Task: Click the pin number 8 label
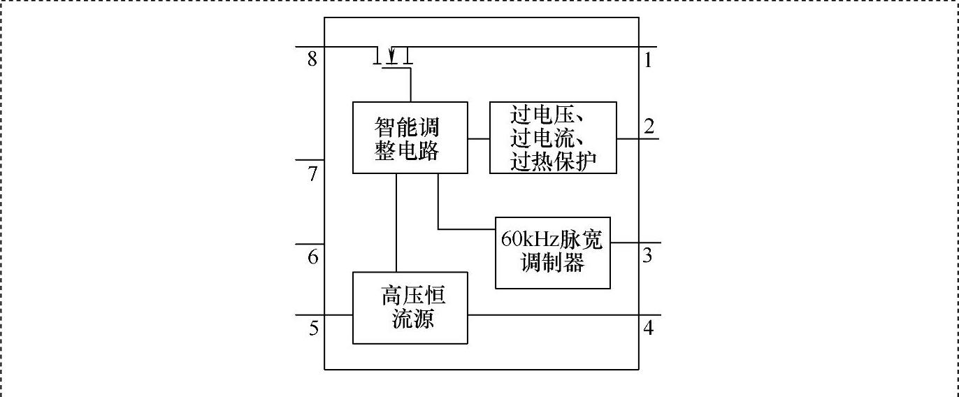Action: [312, 59]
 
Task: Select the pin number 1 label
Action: [648, 61]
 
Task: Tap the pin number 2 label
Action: [649, 127]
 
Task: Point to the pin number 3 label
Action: [648, 255]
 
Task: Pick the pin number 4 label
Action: [648, 327]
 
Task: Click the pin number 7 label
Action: [313, 173]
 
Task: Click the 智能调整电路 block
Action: [410, 138]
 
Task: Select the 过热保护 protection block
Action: [553, 138]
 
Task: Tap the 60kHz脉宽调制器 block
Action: [552, 252]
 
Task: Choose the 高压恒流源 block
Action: [410, 308]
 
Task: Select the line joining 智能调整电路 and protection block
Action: [478, 138]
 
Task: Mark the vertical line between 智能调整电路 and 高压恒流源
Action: [396, 222]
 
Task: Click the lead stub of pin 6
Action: [310, 244]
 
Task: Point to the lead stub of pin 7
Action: [310, 160]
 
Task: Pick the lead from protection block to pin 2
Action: [637, 138]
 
